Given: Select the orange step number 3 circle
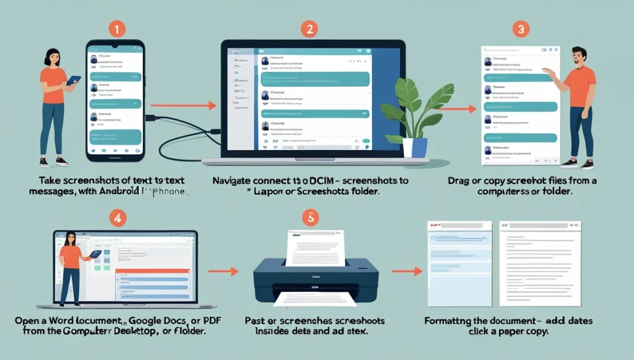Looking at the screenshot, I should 522,29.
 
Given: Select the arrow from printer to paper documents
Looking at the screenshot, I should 407,271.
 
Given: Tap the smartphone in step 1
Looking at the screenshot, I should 115,100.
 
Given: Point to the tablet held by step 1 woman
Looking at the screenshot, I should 73,81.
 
